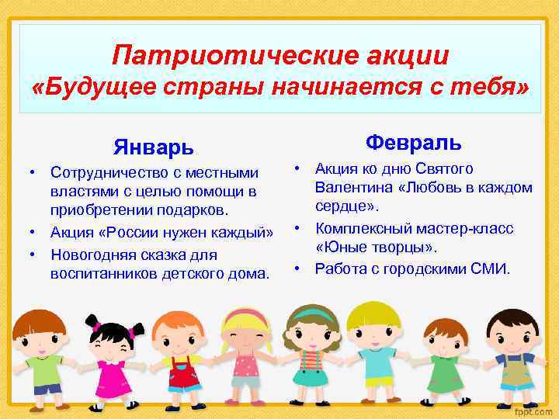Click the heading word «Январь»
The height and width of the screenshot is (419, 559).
tap(153, 147)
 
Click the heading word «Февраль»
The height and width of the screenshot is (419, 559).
tap(414, 142)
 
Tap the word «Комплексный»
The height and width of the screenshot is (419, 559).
tap(366, 230)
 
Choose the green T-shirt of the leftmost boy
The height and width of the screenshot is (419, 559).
tap(44, 369)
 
